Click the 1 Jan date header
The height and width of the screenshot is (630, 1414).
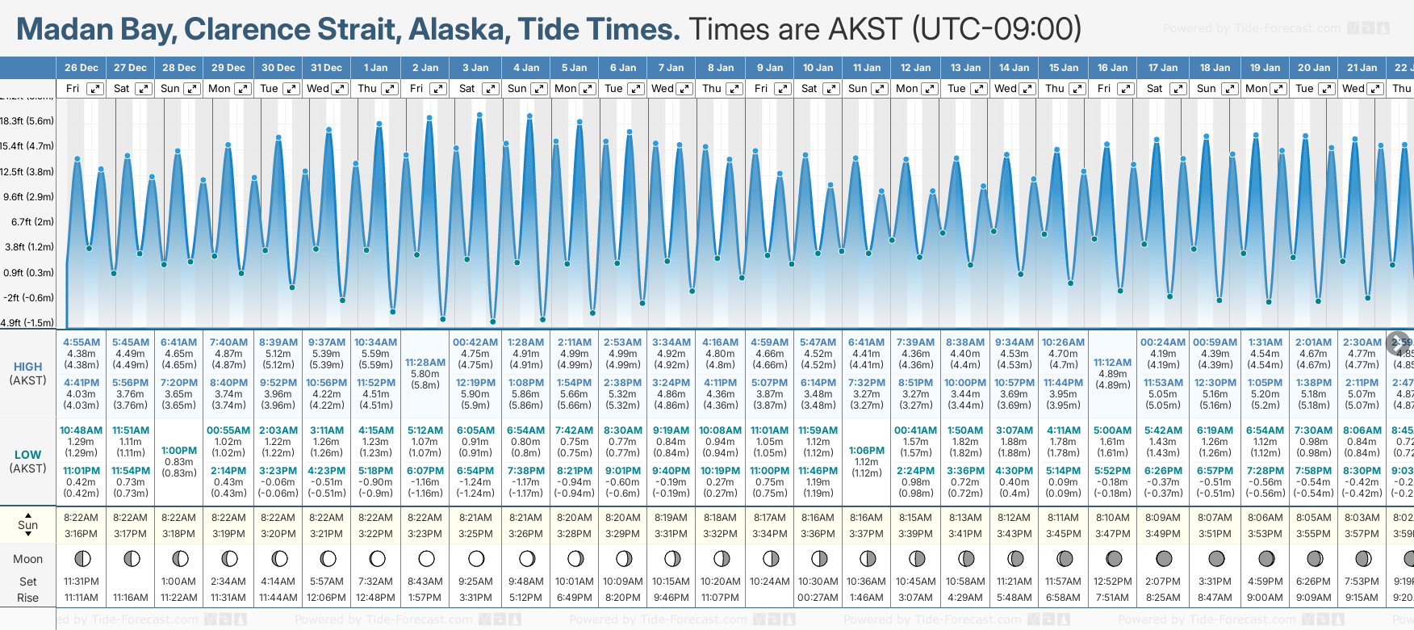pos(375,68)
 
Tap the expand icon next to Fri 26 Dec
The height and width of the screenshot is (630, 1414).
pos(95,89)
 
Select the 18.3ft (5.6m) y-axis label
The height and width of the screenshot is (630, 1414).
pos(27,121)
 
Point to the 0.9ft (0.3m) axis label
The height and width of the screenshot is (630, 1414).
pos(27,272)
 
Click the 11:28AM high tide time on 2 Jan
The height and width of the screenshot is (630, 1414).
pos(425,363)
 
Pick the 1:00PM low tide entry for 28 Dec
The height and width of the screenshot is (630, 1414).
pos(179,451)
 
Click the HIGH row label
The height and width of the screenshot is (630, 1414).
pos(28,367)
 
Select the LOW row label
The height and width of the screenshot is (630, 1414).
pos(28,455)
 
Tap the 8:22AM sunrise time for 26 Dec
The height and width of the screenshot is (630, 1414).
pos(82,518)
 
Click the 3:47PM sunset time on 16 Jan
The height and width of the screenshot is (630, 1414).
pos(1112,534)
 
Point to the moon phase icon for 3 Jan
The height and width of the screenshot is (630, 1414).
pos(476,558)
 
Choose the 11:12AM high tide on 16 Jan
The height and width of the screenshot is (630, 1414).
pos(1112,363)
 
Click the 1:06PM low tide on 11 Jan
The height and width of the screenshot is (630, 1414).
pos(867,451)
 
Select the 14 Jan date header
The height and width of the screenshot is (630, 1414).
pos(1014,68)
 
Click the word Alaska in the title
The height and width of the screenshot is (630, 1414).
pos(457,30)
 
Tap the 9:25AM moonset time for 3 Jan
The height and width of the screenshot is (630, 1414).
pos(476,582)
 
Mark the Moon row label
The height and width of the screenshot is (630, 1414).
pos(28,559)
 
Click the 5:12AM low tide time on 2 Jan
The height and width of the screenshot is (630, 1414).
pos(425,430)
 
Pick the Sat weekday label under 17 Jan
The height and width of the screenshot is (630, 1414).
pos(1155,89)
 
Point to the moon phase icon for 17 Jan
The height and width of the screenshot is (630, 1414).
pos(1164,558)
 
